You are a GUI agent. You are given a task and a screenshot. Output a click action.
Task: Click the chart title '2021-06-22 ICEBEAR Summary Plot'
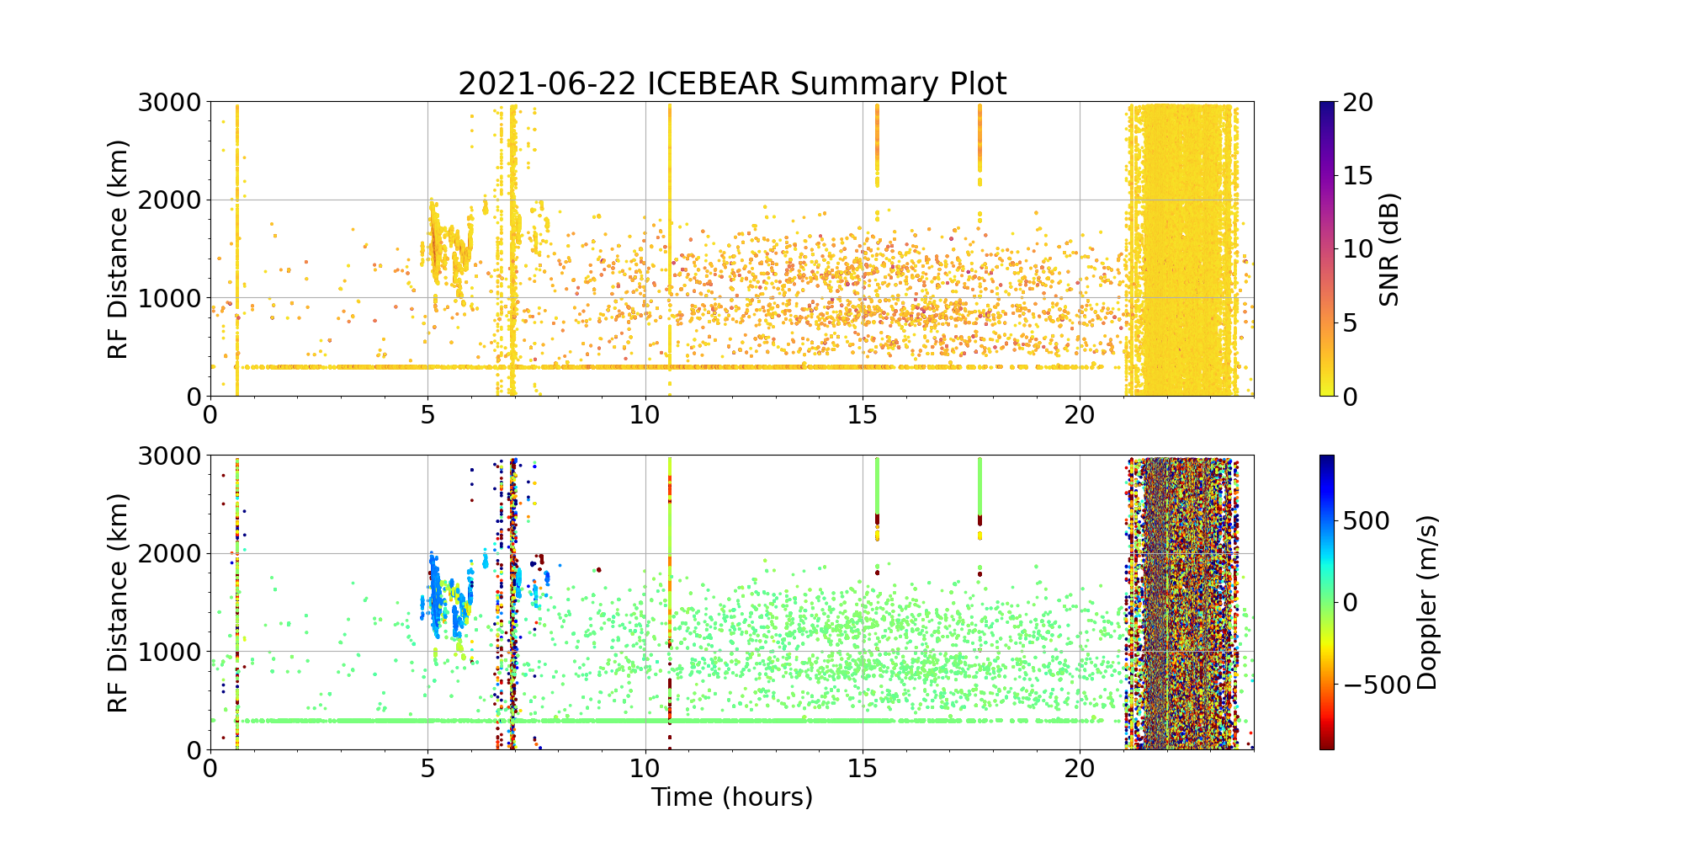coord(732,84)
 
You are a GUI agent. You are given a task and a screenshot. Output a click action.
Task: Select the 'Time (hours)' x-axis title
coord(732,797)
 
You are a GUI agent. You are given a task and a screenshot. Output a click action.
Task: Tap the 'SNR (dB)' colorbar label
coord(1389,249)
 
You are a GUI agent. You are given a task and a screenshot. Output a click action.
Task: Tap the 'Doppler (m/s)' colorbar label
coord(1427,602)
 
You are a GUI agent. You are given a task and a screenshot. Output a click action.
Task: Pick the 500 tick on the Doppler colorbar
coord(1366,520)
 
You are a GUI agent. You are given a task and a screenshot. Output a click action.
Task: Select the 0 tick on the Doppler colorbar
coord(1350,602)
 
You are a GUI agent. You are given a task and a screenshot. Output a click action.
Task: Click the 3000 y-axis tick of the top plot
coord(169,103)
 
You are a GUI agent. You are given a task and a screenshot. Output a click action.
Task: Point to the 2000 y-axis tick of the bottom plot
coord(169,554)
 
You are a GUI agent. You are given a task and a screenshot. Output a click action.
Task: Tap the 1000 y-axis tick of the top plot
coord(169,298)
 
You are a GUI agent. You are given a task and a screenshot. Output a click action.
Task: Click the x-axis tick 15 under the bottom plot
coord(863,769)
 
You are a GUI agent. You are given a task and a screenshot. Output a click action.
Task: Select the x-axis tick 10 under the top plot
coord(645,415)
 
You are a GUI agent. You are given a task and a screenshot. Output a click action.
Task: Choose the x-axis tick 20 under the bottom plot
coord(1080,769)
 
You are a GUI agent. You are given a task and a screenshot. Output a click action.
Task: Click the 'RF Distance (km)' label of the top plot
coord(119,249)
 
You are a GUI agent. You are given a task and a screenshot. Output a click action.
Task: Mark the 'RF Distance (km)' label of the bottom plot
coord(119,603)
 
